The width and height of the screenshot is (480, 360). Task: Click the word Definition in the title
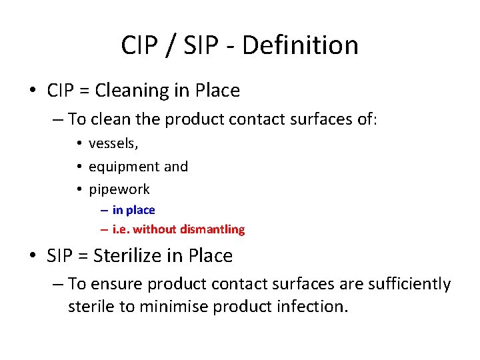coord(301,45)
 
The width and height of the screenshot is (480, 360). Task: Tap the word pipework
coord(119,189)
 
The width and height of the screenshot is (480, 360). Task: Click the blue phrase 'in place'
coord(133,210)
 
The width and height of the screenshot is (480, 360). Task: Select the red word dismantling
coord(212,229)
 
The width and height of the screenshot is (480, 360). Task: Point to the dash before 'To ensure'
coord(57,285)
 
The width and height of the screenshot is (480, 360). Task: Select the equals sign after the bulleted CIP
coord(85,91)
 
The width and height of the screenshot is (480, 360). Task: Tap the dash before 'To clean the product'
coord(57,120)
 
